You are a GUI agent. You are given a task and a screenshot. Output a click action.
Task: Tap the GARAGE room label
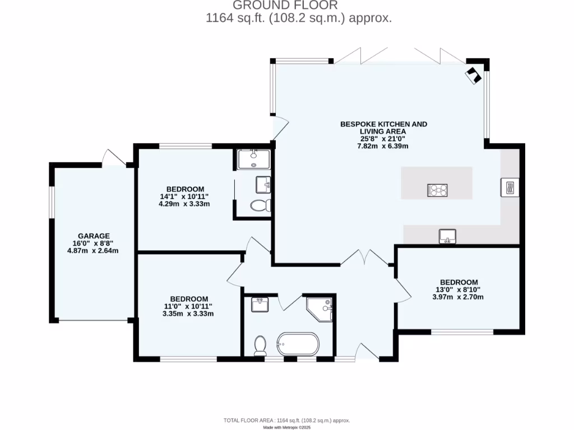pyautogui.click(x=94, y=236)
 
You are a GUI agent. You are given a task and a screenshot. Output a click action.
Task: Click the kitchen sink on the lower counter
pyautogui.click(x=447, y=236)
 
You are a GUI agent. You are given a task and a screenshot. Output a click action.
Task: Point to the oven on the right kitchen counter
pyautogui.click(x=510, y=188)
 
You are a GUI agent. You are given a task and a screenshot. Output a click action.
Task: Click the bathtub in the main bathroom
pyautogui.click(x=298, y=344)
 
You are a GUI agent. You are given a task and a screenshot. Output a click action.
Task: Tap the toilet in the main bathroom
pyautogui.click(x=260, y=345)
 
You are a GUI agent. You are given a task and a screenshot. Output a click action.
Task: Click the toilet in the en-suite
pyautogui.click(x=260, y=205)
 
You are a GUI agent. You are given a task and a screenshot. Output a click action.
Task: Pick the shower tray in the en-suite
pyautogui.click(x=253, y=159)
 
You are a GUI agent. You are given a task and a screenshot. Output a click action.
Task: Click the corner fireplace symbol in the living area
pyautogui.click(x=474, y=74)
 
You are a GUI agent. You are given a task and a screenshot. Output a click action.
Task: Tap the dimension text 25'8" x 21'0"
pyautogui.click(x=383, y=139)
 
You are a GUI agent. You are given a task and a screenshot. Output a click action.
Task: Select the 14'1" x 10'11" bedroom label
pyautogui.click(x=184, y=197)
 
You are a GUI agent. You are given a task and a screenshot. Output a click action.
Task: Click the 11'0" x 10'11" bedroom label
pyautogui.click(x=189, y=306)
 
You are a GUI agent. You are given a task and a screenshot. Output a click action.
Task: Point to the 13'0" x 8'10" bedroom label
pyautogui.click(x=459, y=289)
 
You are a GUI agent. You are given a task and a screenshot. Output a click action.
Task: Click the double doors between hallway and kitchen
pyautogui.click(x=365, y=258)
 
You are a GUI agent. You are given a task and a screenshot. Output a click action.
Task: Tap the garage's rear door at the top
pyautogui.click(x=114, y=158)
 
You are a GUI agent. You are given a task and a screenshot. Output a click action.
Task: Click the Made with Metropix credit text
pyautogui.click(x=286, y=427)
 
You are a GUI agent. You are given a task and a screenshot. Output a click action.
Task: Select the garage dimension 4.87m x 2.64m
pyautogui.click(x=94, y=250)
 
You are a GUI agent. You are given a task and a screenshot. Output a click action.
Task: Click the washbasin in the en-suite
pyautogui.click(x=263, y=184)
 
